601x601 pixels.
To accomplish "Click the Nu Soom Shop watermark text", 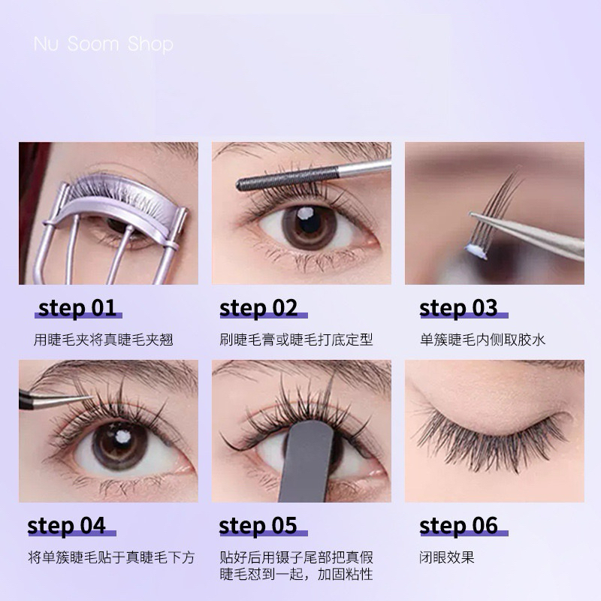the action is pyautogui.click(x=104, y=44).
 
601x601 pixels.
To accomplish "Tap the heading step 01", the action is pyautogui.click(x=77, y=308).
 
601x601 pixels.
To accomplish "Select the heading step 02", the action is pyautogui.click(x=258, y=308).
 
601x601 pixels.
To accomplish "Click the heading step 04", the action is pyautogui.click(x=66, y=525).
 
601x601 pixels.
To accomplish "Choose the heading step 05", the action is pyautogui.click(x=258, y=525).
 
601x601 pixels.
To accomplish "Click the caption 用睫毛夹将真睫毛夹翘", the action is pyautogui.click(x=103, y=340).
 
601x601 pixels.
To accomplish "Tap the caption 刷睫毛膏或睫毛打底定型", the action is pyautogui.click(x=296, y=340).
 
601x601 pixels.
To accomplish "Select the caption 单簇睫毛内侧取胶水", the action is pyautogui.click(x=482, y=340).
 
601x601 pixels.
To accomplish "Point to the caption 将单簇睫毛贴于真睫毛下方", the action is pyautogui.click(x=111, y=557).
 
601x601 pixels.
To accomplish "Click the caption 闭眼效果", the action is pyautogui.click(x=447, y=557).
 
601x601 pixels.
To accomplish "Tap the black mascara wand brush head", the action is pyautogui.click(x=287, y=180).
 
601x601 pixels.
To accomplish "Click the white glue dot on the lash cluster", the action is pyautogui.click(x=476, y=250).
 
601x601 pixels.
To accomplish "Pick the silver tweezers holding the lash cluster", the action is pyautogui.click(x=528, y=235).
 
